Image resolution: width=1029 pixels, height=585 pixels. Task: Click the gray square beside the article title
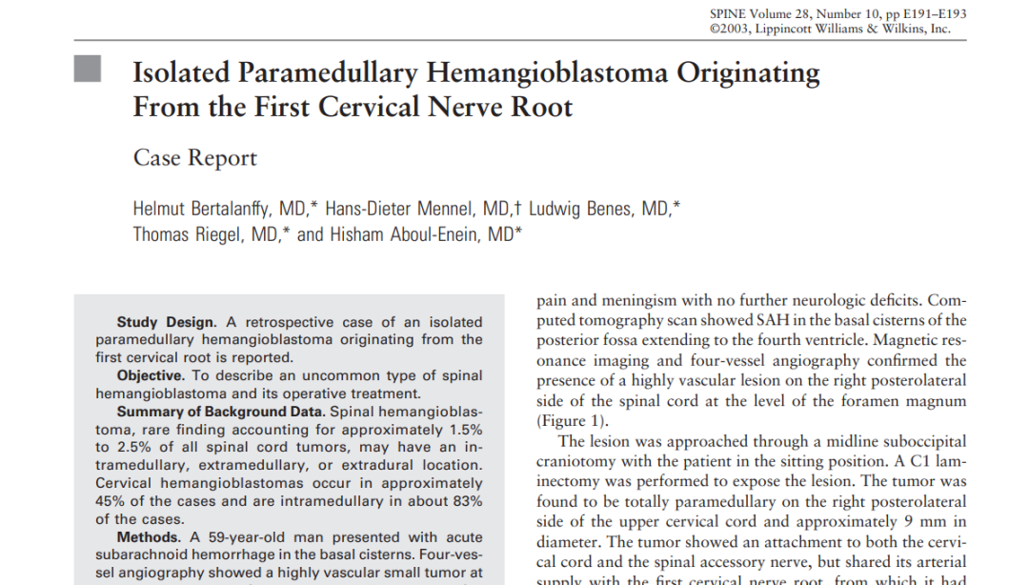[x=87, y=69]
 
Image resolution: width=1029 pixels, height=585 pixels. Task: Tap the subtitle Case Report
[x=194, y=157]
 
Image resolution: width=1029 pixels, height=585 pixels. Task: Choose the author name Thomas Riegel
[x=189, y=234]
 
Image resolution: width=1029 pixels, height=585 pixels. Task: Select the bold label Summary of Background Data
[x=220, y=412]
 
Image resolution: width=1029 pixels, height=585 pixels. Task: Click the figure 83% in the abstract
[x=465, y=501]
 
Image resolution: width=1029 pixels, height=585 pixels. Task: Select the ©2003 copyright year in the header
[x=732, y=29]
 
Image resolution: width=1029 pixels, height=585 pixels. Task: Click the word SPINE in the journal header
[x=730, y=13]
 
